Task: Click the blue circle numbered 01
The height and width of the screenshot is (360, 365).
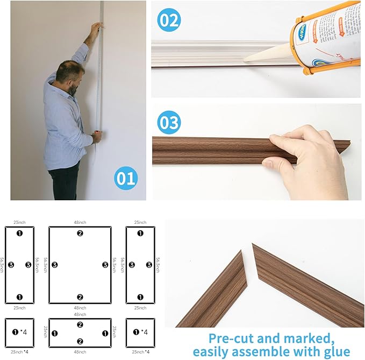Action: (x=125, y=178)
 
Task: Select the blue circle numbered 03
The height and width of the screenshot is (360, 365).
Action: (x=169, y=123)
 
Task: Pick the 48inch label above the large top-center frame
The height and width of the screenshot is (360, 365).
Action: (x=80, y=222)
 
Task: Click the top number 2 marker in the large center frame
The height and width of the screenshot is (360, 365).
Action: (x=80, y=233)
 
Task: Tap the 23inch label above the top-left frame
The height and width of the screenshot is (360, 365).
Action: (x=19, y=222)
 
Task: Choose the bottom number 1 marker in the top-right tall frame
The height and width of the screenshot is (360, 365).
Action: (x=140, y=297)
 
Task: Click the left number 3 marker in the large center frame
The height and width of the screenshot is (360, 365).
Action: (x=55, y=265)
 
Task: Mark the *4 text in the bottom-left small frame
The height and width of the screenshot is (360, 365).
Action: (x=24, y=332)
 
